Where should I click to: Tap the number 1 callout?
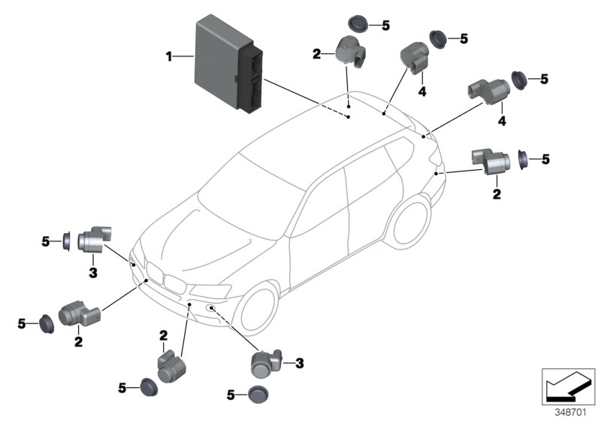169,56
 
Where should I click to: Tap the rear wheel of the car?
410,220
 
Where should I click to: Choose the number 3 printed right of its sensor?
299,364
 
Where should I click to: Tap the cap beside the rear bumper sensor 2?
524,159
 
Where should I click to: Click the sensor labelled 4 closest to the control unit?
414,54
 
